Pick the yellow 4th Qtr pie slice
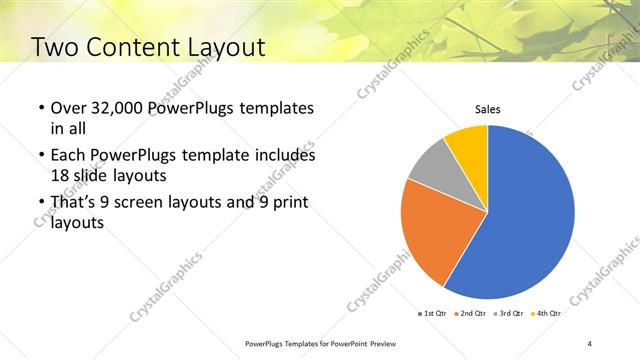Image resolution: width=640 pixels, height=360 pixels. [468, 145]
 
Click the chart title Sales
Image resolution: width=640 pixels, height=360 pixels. [487, 109]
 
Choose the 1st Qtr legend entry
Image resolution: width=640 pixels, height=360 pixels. [433, 313]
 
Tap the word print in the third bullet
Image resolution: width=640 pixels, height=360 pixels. [290, 203]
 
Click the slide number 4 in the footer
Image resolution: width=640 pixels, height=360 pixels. [590, 343]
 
